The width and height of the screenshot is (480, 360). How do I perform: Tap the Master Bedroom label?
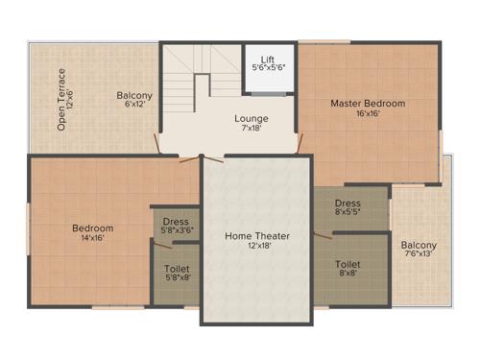coord(368,103)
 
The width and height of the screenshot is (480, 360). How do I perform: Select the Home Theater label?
coord(257,235)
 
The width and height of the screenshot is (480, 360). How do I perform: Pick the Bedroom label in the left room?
coord(93,228)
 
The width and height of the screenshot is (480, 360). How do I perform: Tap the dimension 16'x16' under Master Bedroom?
coord(368,113)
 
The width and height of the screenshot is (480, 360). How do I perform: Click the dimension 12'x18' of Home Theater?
coord(257,246)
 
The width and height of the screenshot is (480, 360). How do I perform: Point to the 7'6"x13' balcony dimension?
coord(419,254)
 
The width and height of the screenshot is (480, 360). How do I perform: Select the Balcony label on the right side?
coord(419,245)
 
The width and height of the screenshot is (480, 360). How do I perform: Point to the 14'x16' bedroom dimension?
coord(93,238)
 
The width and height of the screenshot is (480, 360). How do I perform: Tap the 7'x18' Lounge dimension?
coord(251,129)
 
